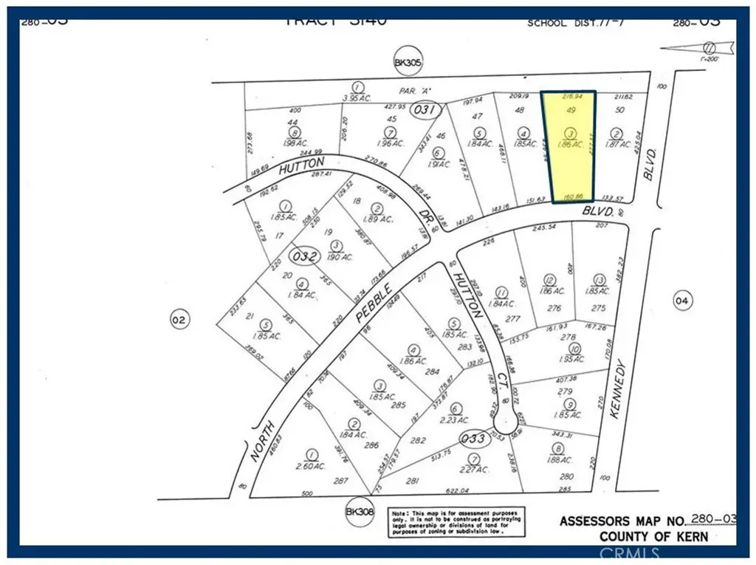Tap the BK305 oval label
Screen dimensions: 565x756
tap(408, 64)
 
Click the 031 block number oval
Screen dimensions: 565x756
tap(426, 110)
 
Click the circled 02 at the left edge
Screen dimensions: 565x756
tap(179, 320)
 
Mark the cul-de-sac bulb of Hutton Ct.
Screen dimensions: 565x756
tap(506, 423)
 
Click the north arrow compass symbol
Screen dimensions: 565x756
tap(709, 46)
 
